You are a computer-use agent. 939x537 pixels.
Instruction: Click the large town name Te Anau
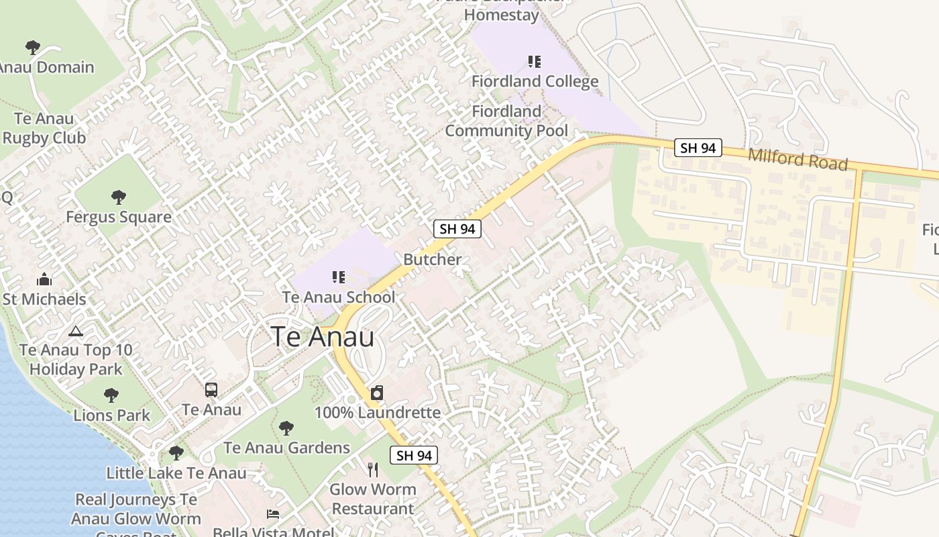[x=323, y=336]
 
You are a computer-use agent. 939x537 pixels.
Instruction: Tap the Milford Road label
[x=797, y=159]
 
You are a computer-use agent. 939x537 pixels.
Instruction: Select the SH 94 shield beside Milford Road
[x=698, y=148]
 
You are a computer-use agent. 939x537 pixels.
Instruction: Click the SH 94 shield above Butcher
[x=457, y=229]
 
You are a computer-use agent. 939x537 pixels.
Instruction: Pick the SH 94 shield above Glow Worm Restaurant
[x=414, y=455]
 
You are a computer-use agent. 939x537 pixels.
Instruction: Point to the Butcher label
[x=432, y=260]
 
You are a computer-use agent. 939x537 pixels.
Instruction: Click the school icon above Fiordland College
[x=535, y=62]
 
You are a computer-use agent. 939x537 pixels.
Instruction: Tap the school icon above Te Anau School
[x=339, y=277]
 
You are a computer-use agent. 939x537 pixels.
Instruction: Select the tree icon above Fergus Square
[x=119, y=197]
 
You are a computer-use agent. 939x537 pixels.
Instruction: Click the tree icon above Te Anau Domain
[x=32, y=47]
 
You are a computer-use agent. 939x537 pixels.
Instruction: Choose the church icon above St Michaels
[x=44, y=279]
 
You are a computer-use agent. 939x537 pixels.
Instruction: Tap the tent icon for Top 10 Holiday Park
[x=76, y=331]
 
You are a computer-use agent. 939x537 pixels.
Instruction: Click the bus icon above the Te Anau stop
[x=211, y=389]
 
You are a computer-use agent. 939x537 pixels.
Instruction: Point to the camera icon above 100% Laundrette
[x=377, y=393]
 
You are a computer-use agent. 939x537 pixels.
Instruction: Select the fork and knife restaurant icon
[x=373, y=469]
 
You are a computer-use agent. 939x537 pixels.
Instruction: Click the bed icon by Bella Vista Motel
[x=273, y=514]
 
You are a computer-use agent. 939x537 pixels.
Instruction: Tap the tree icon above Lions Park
[x=111, y=395]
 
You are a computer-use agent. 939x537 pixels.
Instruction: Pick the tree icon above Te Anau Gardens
[x=286, y=428]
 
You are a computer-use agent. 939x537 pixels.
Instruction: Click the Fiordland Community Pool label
[x=506, y=121]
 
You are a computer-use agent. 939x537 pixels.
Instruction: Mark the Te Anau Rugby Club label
[x=44, y=128]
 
